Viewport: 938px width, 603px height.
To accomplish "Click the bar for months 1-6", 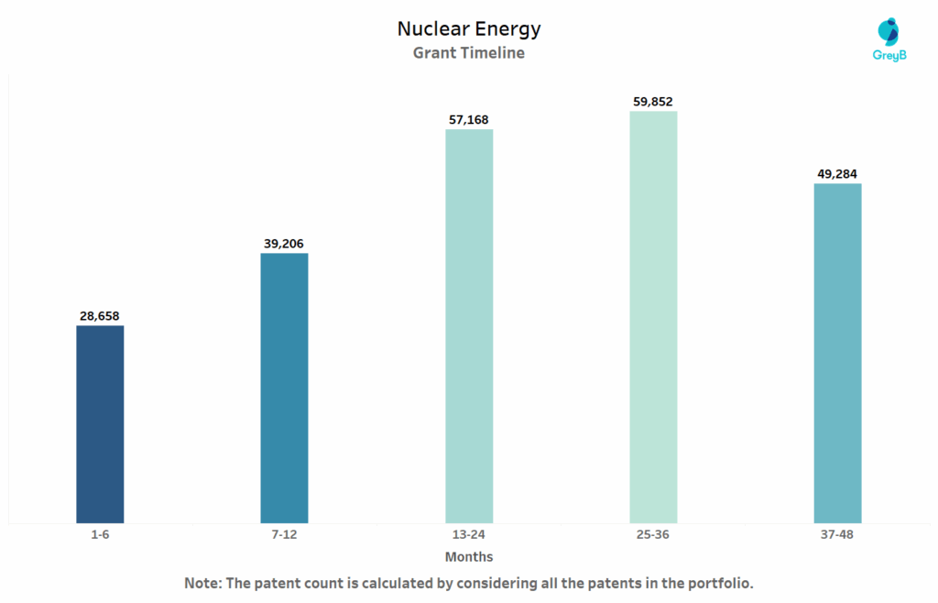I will [x=100, y=424].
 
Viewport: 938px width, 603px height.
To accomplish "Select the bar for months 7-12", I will [x=284, y=388].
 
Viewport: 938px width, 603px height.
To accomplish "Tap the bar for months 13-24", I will [x=469, y=325].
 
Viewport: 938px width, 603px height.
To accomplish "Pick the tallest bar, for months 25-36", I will [x=653, y=317].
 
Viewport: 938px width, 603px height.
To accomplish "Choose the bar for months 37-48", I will [x=837, y=353].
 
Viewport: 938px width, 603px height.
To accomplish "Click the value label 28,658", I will [x=100, y=316].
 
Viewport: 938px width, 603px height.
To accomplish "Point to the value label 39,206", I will [x=284, y=244].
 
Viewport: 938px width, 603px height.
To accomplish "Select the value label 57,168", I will [x=469, y=119].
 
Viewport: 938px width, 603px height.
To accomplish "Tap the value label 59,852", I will [x=653, y=102].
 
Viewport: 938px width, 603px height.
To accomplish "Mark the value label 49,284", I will [x=837, y=173].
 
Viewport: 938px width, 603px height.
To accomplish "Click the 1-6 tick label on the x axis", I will [x=100, y=535].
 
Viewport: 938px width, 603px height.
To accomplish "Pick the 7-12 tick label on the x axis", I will [x=284, y=535].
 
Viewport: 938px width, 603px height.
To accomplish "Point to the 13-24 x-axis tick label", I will [x=469, y=535].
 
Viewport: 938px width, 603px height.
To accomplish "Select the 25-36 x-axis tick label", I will [x=653, y=535].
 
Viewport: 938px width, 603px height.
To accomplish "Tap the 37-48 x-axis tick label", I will [x=837, y=535].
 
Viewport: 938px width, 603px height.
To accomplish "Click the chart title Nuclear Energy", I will [x=469, y=29].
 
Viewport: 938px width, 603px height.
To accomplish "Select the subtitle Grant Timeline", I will [x=469, y=53].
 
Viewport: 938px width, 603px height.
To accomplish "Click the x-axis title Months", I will [x=469, y=557].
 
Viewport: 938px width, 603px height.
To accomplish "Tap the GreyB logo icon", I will [x=888, y=31].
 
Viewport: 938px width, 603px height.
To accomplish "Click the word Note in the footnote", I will [x=202, y=583].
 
